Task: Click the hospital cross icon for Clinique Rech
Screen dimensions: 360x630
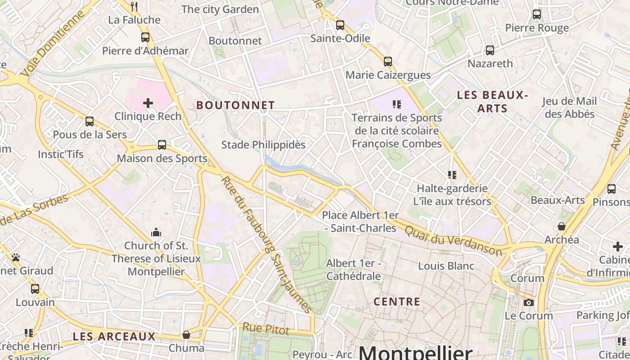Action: pyautogui.click(x=148, y=103)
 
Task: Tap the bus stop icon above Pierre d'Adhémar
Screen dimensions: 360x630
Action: pyautogui.click(x=145, y=37)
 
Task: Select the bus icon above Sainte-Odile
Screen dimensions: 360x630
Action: pyautogui.click(x=340, y=25)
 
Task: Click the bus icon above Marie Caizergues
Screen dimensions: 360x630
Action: pyautogui.click(x=387, y=62)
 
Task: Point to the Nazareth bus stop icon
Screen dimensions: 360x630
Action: pyautogui.click(x=490, y=50)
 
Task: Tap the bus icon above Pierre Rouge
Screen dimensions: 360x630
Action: pyautogui.click(x=537, y=14)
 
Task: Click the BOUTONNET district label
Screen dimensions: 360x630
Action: pyautogui.click(x=235, y=105)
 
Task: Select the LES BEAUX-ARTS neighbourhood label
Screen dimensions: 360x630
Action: pyautogui.click(x=492, y=102)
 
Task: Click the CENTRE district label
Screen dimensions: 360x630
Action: pyautogui.click(x=397, y=301)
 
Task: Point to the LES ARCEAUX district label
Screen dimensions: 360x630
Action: pyautogui.click(x=114, y=336)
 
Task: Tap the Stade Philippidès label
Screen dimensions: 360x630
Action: pyautogui.click(x=263, y=145)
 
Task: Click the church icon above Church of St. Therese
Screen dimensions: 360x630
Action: pyautogui.click(x=156, y=232)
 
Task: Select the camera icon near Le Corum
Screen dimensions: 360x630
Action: pyautogui.click(x=529, y=302)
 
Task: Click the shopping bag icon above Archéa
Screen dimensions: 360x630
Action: pyautogui.click(x=562, y=226)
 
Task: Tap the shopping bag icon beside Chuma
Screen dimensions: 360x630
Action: pyautogui.click(x=186, y=335)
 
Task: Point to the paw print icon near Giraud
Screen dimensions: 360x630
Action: pyautogui.click(x=16, y=257)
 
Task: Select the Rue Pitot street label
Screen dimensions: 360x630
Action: pyautogui.click(x=266, y=328)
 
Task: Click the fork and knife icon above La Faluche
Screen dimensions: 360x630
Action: pyautogui.click(x=134, y=6)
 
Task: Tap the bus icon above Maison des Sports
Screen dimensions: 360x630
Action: pyautogui.click(x=162, y=145)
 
